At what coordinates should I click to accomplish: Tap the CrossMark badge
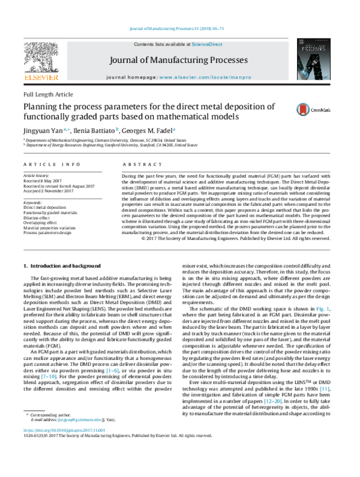click(x=317, y=109)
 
